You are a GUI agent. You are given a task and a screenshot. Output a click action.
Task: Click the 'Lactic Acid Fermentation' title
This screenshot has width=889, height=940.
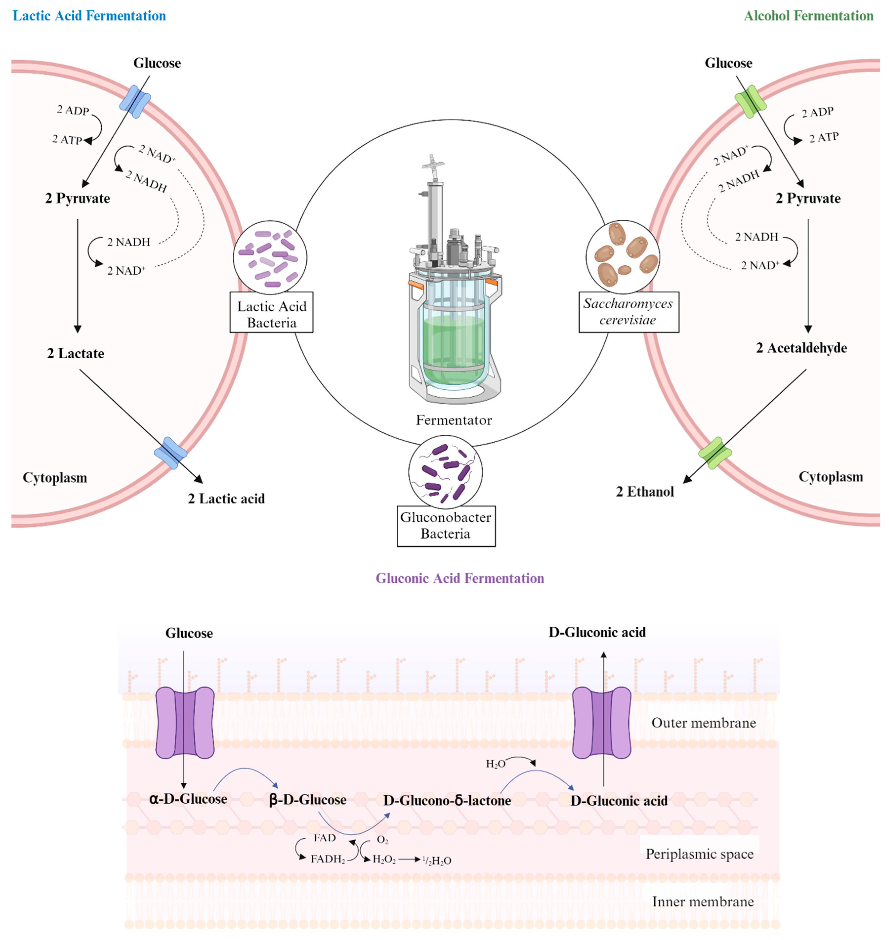(x=89, y=16)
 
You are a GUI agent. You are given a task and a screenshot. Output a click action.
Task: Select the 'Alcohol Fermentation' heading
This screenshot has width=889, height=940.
(x=808, y=16)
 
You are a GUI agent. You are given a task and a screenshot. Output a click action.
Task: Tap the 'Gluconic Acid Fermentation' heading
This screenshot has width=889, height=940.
(x=460, y=578)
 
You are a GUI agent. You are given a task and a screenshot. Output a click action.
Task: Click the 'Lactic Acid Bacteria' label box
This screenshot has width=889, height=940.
(x=271, y=314)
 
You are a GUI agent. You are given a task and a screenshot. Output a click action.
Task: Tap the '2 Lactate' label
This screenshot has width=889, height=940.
(x=76, y=353)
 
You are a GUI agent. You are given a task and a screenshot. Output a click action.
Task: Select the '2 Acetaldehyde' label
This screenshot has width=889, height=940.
(x=801, y=348)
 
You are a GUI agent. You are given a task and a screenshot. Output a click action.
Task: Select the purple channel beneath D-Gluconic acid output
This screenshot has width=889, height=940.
(x=602, y=722)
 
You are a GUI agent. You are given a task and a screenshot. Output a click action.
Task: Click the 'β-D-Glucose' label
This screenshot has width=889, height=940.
(x=308, y=800)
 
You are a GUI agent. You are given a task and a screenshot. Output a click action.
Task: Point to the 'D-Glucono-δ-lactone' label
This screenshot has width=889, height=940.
(x=447, y=801)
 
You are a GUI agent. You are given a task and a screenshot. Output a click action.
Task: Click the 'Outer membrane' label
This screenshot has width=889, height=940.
(x=703, y=723)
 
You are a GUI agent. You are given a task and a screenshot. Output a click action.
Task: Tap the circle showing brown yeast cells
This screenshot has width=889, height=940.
(x=623, y=256)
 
